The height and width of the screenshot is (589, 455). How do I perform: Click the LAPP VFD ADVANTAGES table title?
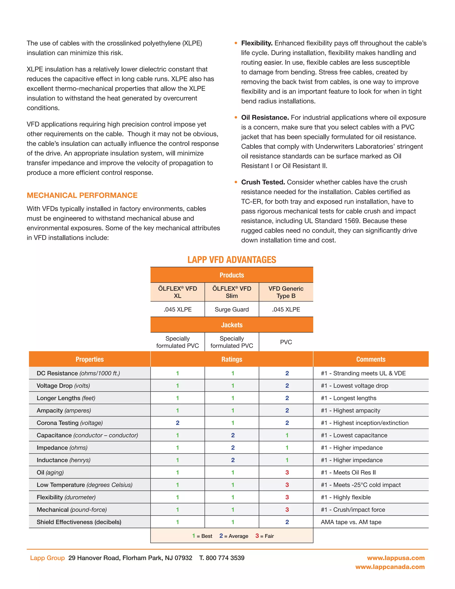(231, 260)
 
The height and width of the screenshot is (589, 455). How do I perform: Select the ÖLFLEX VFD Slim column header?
(231, 292)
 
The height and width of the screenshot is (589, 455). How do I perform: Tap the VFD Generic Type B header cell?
(286, 292)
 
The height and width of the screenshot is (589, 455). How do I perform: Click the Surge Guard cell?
(231, 309)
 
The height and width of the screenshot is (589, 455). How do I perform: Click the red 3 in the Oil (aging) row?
(287, 472)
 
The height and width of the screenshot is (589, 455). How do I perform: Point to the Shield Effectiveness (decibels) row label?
(79, 522)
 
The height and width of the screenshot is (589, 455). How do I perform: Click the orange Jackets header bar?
(231, 325)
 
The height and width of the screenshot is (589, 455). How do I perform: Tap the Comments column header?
(371, 359)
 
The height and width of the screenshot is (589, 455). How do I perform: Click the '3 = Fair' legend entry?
(264, 536)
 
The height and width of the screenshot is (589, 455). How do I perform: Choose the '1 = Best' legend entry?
(202, 536)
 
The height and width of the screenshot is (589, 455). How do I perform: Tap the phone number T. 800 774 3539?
(222, 558)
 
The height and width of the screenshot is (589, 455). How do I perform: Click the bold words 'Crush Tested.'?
(263, 182)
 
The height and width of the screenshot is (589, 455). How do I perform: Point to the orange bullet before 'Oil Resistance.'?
(236, 118)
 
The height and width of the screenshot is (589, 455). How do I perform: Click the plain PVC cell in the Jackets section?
(286, 342)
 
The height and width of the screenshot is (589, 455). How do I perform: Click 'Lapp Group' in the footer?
(48, 558)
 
